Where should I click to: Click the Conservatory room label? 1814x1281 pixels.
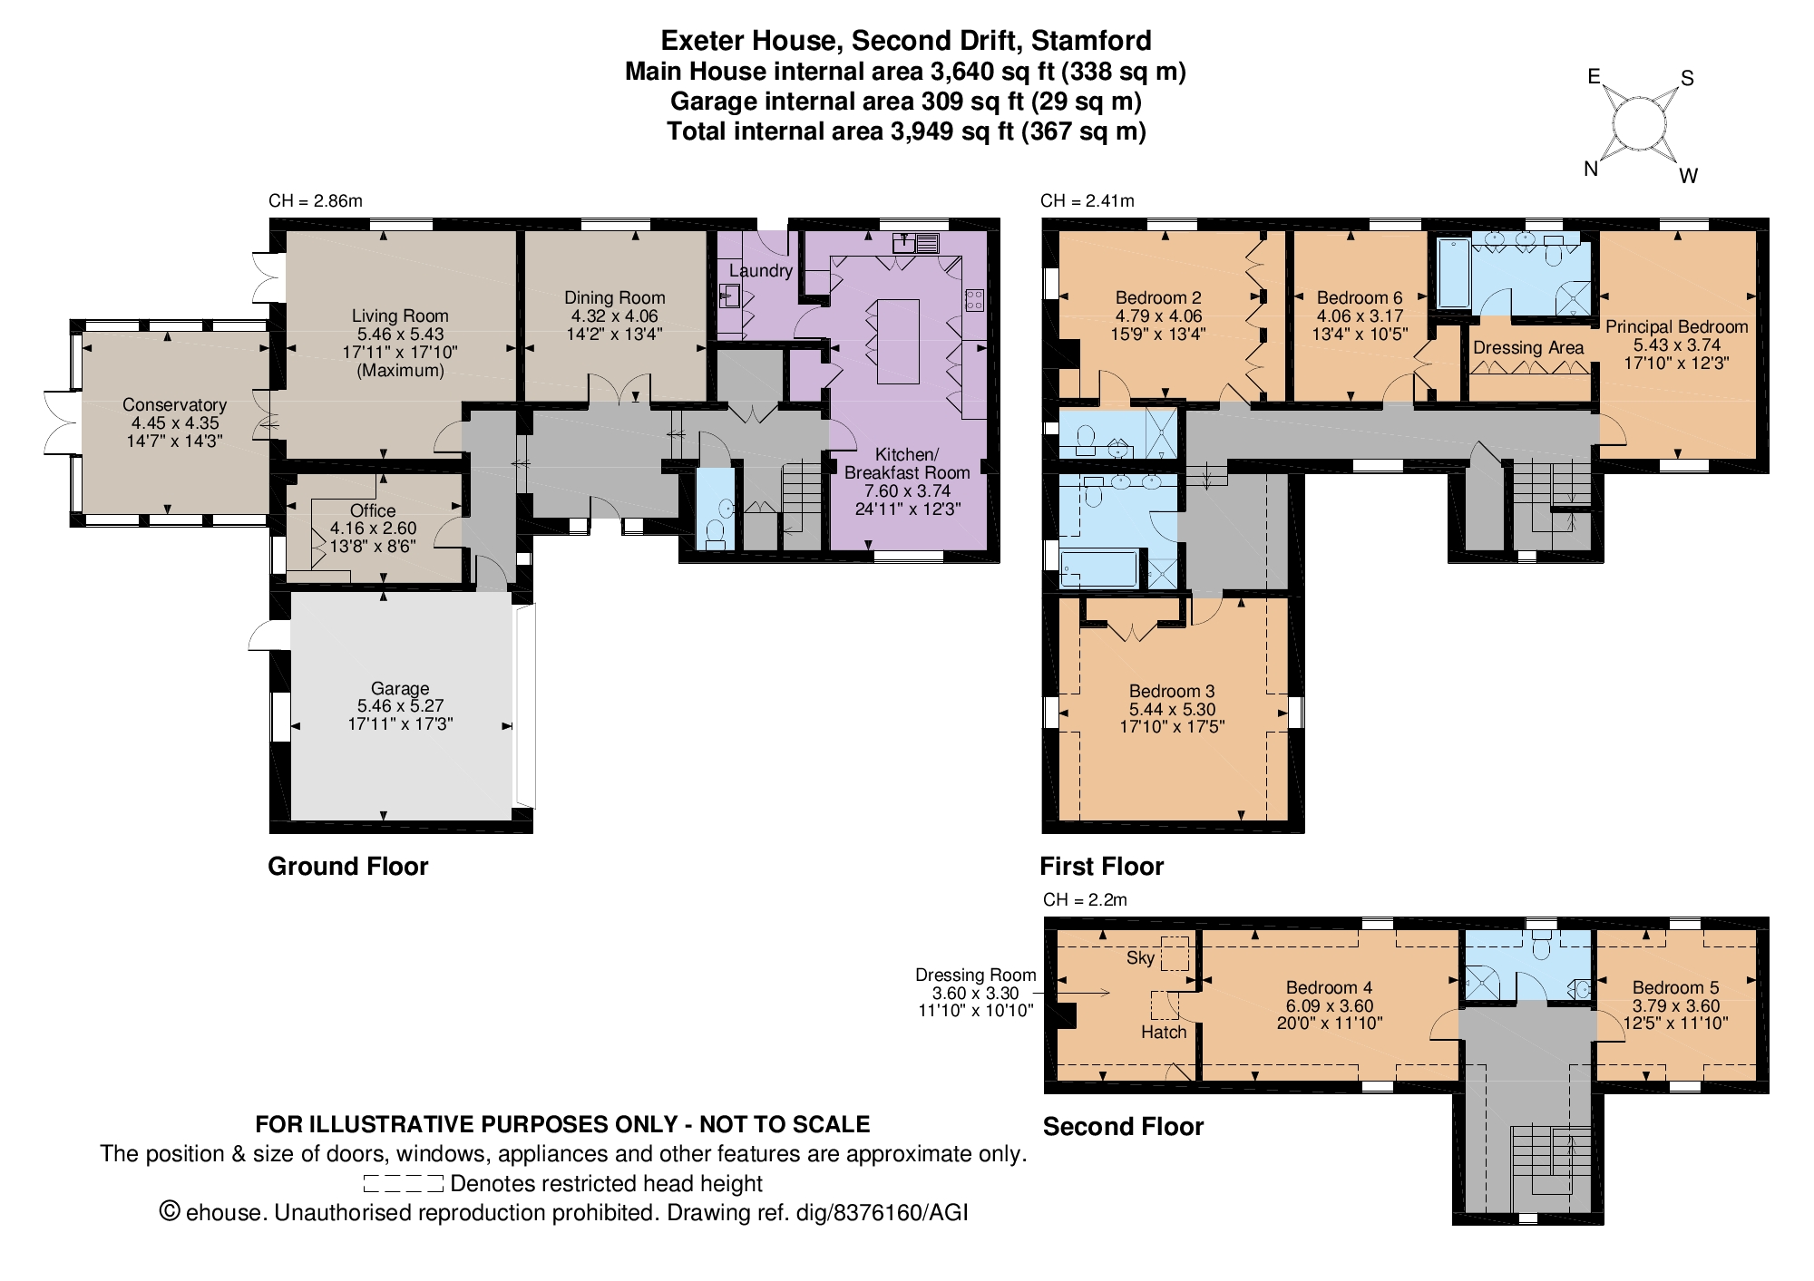pyautogui.click(x=174, y=404)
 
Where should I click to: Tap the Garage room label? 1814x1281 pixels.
pyautogui.click(x=400, y=688)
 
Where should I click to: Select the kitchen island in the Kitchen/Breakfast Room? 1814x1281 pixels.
pyautogui.click(x=898, y=341)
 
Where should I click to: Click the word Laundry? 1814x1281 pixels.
pyautogui.click(x=761, y=270)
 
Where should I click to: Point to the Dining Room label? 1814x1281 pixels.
pyautogui.click(x=615, y=297)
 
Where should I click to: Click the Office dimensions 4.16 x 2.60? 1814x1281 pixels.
pyautogui.click(x=373, y=529)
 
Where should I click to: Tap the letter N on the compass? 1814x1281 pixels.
pyautogui.click(x=1591, y=169)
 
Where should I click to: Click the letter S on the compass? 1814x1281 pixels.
pyautogui.click(x=1687, y=78)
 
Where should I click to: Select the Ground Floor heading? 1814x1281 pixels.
pyautogui.click(x=347, y=866)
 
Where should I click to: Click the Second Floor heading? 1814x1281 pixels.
pyautogui.click(x=1123, y=1126)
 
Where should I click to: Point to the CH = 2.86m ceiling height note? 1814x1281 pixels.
pyautogui.click(x=316, y=200)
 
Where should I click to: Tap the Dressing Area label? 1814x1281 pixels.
pyautogui.click(x=1528, y=347)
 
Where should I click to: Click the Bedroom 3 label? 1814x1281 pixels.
pyautogui.click(x=1172, y=691)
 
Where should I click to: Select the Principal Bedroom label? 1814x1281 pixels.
pyautogui.click(x=1676, y=326)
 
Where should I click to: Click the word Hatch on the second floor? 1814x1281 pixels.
pyautogui.click(x=1164, y=1032)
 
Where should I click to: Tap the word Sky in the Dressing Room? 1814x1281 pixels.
pyautogui.click(x=1141, y=957)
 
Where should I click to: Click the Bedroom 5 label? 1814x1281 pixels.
pyautogui.click(x=1675, y=987)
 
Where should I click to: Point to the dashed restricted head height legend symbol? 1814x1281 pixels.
pyautogui.click(x=403, y=1183)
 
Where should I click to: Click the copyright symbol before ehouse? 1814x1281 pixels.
pyautogui.click(x=170, y=1211)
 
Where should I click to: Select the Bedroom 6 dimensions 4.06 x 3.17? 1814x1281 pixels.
pyautogui.click(x=1360, y=315)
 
